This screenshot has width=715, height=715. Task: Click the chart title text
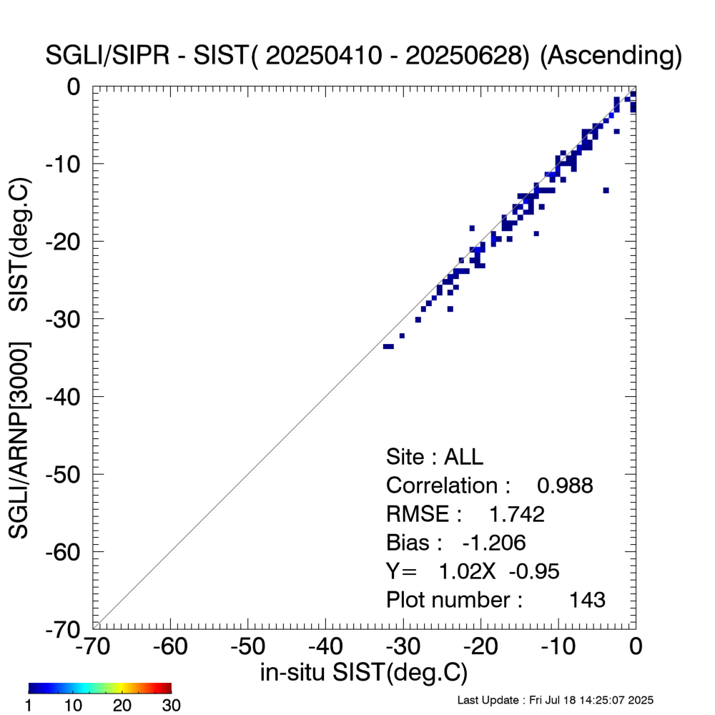tap(363, 55)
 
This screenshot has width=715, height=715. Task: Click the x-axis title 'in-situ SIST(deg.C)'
tap(363, 672)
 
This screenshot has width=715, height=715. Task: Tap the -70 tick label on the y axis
tap(66, 628)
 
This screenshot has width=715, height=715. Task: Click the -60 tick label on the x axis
tap(170, 647)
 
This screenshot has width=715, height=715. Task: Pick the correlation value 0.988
tap(565, 485)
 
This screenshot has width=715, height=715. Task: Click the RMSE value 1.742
tap(516, 514)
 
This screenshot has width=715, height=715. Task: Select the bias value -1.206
tap(494, 543)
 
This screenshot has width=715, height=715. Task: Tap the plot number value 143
tap(587, 599)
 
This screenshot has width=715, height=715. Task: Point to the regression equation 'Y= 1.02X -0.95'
tap(473, 571)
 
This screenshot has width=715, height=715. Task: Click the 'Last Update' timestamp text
tap(556, 699)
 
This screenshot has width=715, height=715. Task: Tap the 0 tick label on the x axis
tap(635, 647)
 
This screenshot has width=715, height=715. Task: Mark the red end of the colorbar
tap(167, 689)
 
